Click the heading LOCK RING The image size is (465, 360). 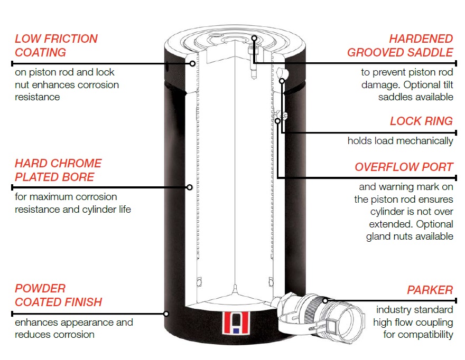click(421, 121)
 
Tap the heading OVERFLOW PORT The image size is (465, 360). click(404, 167)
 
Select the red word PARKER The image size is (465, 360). click(430, 290)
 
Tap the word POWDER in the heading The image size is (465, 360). click(40, 288)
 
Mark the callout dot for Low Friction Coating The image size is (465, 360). click(192, 63)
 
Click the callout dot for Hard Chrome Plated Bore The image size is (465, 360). click(190, 187)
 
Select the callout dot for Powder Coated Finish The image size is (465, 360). click(166, 314)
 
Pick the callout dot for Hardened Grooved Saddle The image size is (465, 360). click(254, 38)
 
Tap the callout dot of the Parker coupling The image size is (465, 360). click(325, 301)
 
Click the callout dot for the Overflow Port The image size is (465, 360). click(277, 121)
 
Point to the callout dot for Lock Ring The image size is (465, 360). click(282, 81)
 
